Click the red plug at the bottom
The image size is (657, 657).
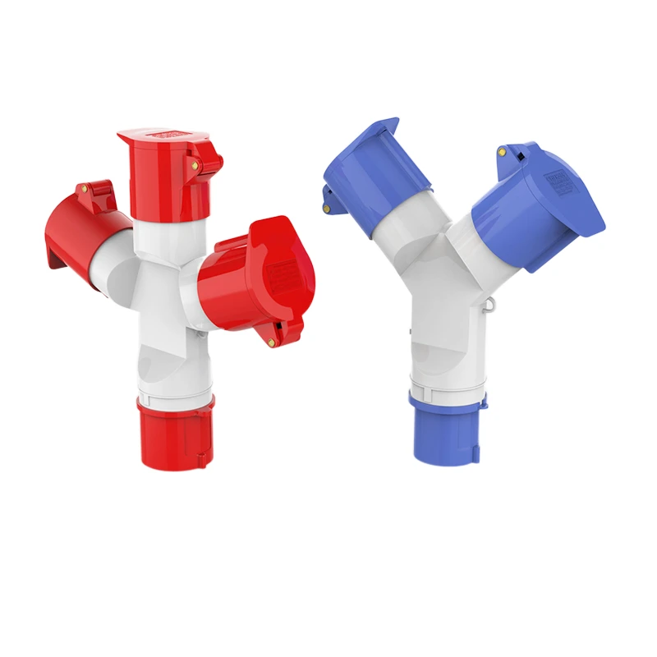[175, 433]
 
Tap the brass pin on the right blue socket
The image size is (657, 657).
[502, 153]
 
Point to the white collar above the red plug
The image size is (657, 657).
[174, 389]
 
